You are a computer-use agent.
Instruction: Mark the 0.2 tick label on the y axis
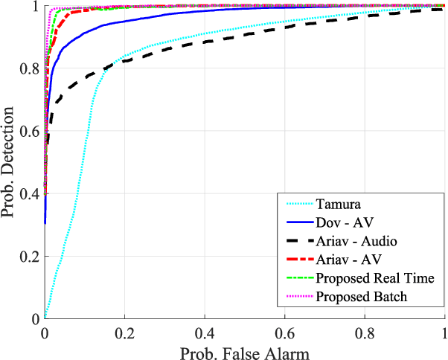click(30, 257)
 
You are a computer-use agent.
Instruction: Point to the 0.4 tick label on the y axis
click(30, 194)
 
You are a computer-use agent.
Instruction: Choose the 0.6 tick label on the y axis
click(30, 132)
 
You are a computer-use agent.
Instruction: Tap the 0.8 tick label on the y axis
click(30, 69)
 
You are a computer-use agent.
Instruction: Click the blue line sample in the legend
click(295, 221)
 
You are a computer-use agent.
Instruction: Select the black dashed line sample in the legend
click(295, 240)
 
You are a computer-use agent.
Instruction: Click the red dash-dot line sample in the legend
click(295, 260)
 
